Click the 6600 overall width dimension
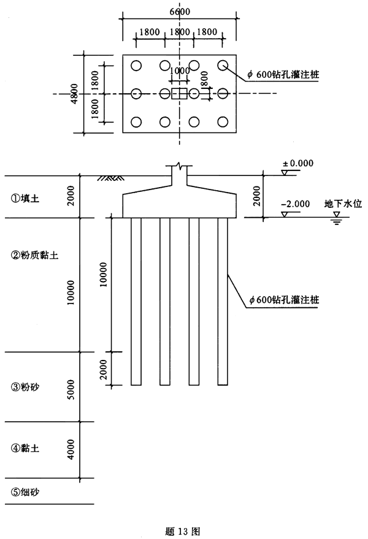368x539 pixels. point(179,12)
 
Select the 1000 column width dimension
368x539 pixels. point(179,71)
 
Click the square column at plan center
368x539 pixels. point(179,94)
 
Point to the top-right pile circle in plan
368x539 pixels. point(223,64)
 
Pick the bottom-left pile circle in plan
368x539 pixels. point(136,122)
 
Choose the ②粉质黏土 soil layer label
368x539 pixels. point(34,253)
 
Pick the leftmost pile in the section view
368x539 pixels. point(136,300)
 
